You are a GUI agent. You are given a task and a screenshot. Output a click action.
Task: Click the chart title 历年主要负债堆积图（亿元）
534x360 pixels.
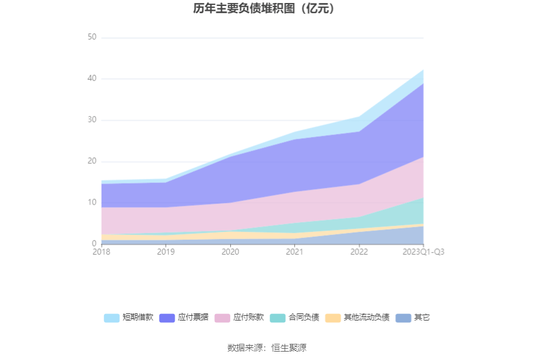point(267,9)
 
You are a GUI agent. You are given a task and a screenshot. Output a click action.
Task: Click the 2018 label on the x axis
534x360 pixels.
point(102,252)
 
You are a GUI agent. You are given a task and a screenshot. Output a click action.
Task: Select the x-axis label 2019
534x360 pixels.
point(166,252)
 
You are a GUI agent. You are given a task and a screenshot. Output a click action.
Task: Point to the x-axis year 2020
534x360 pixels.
point(230,252)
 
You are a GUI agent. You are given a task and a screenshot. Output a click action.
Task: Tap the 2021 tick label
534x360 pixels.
point(294,252)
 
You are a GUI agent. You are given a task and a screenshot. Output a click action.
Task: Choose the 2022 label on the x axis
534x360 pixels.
point(359,252)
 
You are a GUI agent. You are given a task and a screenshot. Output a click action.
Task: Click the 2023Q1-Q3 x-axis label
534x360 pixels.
point(423,252)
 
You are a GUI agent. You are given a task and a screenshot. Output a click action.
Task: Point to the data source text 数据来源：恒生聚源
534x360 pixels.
point(267,347)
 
